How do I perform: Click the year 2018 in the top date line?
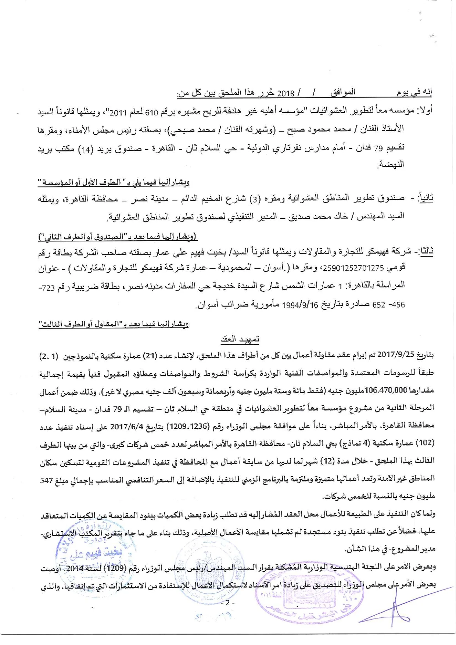coord(286,93)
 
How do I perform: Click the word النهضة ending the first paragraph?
coord(392,164)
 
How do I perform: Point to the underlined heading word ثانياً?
coord(425,199)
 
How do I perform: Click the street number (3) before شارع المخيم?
coord(254,200)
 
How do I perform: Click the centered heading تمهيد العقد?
coord(240,339)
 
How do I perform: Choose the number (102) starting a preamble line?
coord(426,443)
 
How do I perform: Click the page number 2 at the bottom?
coord(228,603)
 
